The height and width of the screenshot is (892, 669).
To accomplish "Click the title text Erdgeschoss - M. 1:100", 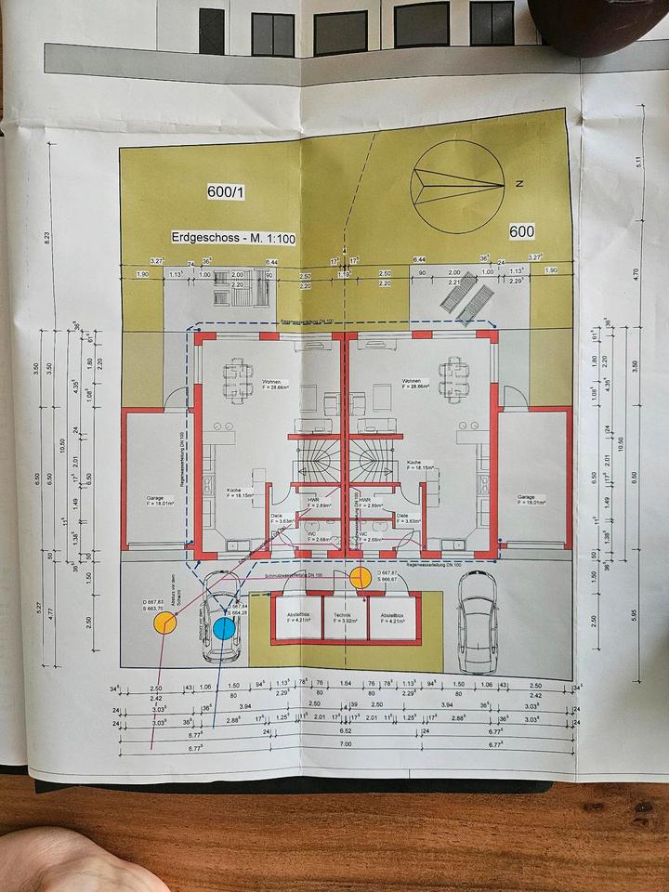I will (233, 239).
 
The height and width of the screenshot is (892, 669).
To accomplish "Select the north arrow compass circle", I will (458, 186).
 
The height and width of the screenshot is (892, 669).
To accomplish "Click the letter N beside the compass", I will (519, 184).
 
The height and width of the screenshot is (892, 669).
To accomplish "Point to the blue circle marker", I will (224, 628).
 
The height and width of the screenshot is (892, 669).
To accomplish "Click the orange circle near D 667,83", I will (165, 622).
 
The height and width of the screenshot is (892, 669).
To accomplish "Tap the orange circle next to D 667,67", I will (361, 577).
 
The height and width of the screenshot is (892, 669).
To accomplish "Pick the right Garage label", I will (532, 500).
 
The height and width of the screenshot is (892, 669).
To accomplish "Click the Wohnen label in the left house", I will (271, 381).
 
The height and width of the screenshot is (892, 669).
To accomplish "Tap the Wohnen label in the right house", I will (414, 381).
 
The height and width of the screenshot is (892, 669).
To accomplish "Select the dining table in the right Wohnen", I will (454, 373).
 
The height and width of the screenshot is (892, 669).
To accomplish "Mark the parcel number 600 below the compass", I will (522, 230).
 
